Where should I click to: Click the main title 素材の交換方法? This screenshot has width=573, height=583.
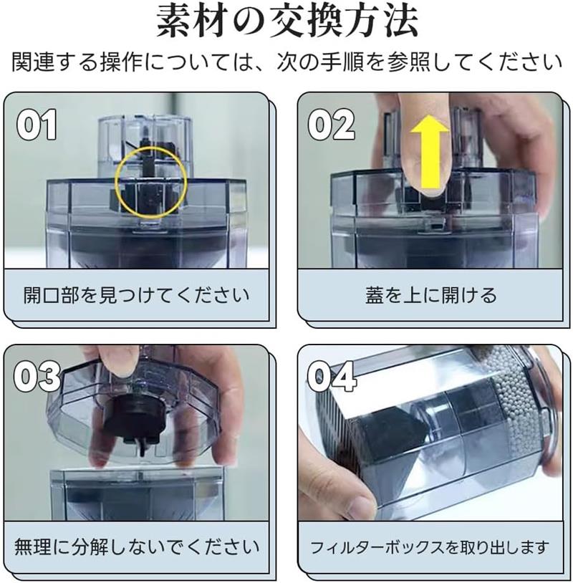click(287, 21)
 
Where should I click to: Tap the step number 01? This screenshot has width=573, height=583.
click(37, 125)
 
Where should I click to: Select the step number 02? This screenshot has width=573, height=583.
click(331, 125)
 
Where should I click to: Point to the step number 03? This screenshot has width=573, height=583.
click(37, 376)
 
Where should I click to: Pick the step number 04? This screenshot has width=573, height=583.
click(331, 377)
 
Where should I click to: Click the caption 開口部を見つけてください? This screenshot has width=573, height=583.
click(136, 295)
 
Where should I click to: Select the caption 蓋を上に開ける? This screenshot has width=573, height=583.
click(430, 295)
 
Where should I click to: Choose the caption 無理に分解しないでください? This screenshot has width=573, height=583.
click(137, 547)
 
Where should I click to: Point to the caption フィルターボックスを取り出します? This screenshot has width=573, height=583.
click(430, 547)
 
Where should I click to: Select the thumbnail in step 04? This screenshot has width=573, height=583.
click(357, 503)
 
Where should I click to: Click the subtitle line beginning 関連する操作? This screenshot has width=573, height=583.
click(286, 62)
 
